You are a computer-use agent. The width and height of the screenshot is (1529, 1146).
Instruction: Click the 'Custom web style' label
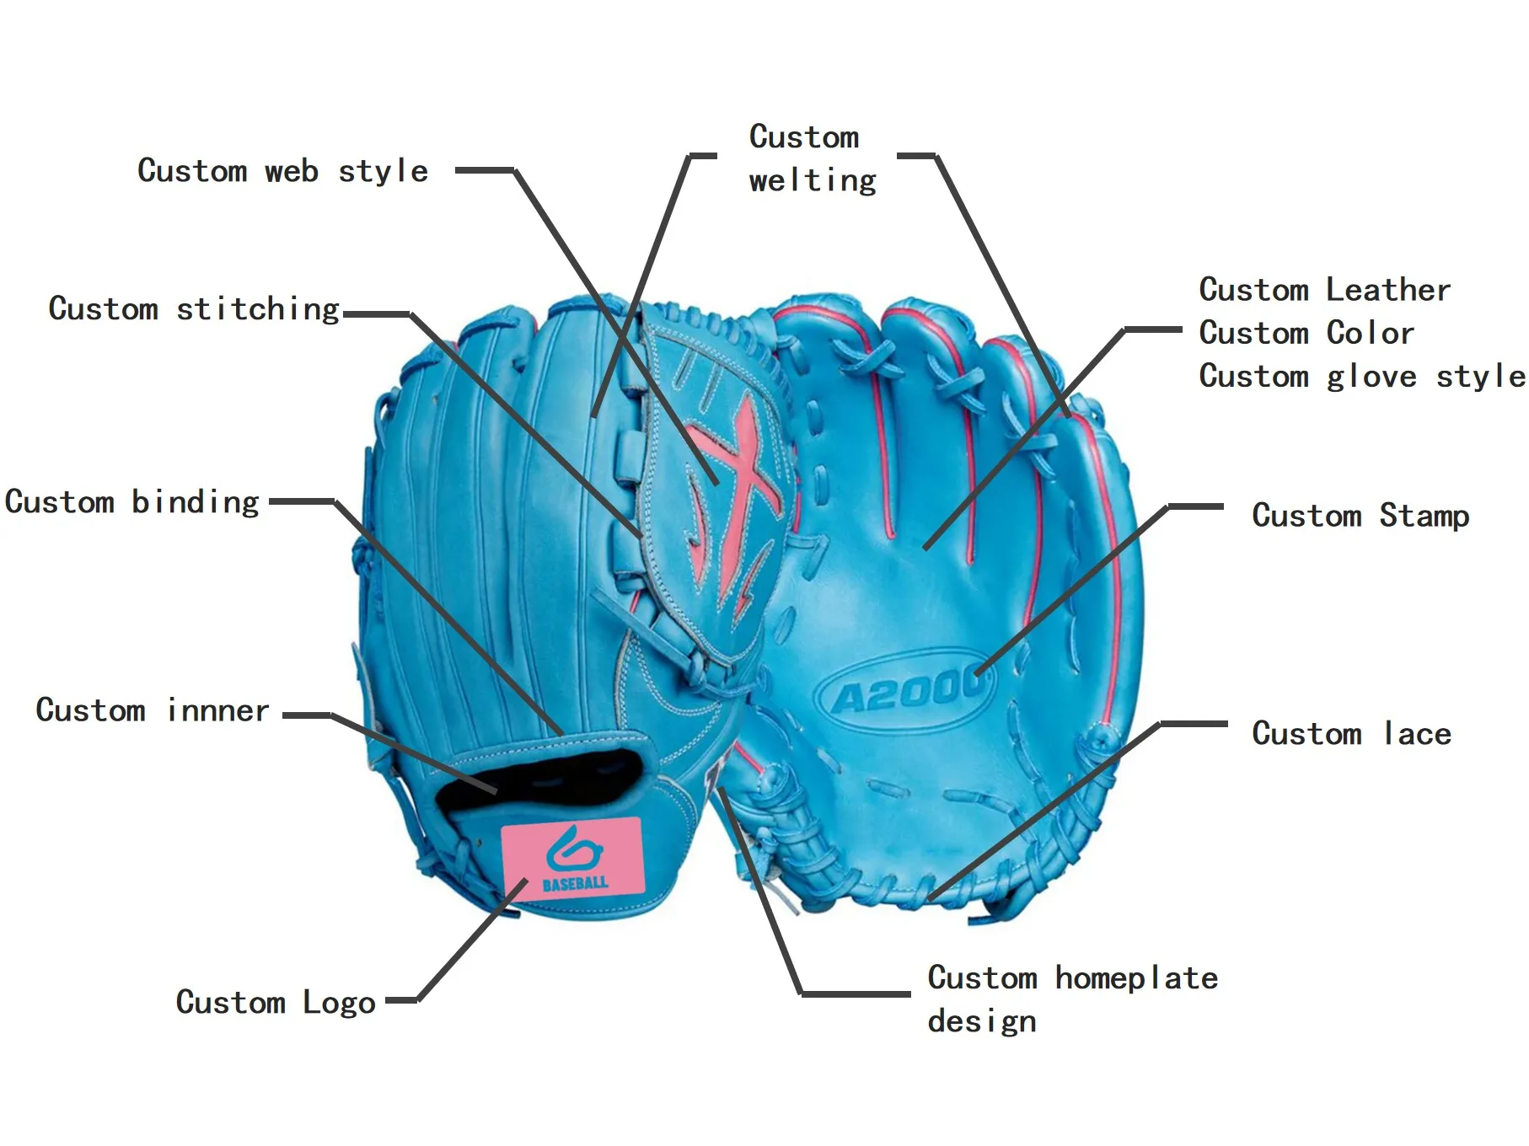click(x=282, y=171)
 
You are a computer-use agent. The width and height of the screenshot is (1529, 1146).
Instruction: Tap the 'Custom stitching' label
click(x=194, y=309)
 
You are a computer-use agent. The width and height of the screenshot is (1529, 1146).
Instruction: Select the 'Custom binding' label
click(x=132, y=502)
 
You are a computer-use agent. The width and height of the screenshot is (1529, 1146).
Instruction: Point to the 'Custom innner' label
click(x=153, y=710)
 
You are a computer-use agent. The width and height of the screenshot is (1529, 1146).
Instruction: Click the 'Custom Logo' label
click(x=276, y=1003)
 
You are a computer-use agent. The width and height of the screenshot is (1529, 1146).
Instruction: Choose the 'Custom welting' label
click(x=812, y=158)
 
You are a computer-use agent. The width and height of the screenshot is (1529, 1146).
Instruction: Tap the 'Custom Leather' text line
click(x=1324, y=290)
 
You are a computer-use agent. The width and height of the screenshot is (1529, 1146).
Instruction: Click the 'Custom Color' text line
click(x=1306, y=333)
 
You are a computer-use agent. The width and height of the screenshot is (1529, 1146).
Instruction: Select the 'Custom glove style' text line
click(x=1361, y=377)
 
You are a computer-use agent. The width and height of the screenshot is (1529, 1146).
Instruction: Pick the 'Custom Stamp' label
click(x=1360, y=516)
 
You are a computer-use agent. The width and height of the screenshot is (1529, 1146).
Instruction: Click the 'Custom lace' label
click(x=1351, y=734)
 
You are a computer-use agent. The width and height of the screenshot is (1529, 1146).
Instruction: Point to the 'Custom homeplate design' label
click(x=1072, y=999)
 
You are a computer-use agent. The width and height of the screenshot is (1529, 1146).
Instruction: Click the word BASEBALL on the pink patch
click(x=576, y=883)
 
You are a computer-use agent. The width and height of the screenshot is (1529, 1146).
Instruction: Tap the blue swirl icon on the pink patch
click(x=573, y=849)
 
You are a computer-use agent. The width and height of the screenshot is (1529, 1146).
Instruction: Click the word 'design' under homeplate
click(x=982, y=1022)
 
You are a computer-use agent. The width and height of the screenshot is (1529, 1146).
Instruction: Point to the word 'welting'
click(x=813, y=180)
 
